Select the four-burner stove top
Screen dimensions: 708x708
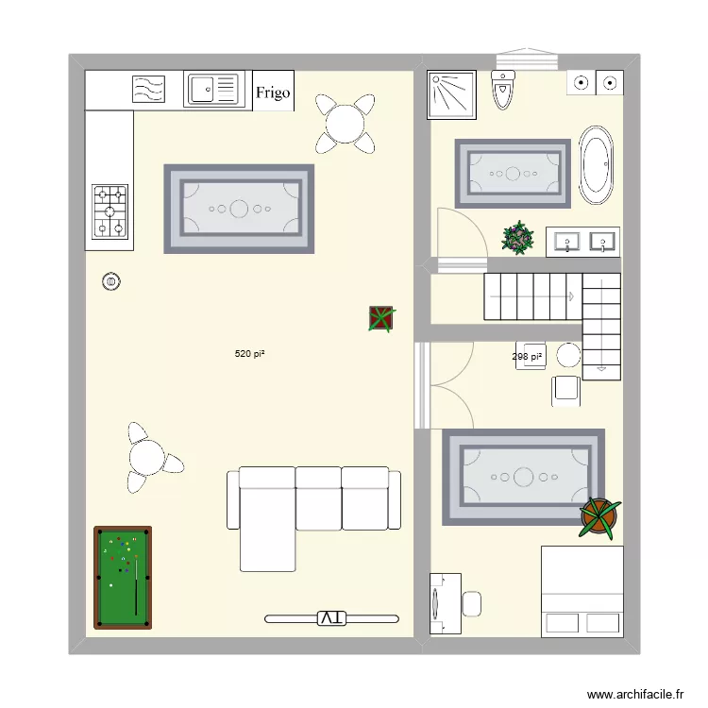[x=110, y=211]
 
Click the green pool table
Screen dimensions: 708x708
[x=123, y=577]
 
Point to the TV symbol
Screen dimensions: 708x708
[x=330, y=618]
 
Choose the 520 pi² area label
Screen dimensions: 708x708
[x=249, y=354]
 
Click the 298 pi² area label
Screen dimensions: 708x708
[x=527, y=357]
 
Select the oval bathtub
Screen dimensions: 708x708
[x=596, y=165]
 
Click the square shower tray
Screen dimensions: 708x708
[x=453, y=93]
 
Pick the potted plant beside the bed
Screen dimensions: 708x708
[x=598, y=516]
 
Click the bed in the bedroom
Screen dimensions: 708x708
[x=582, y=591]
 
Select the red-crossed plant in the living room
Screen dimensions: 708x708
[x=381, y=319]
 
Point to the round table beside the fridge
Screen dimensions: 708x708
[x=344, y=123]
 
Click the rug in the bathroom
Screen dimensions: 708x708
[x=513, y=173]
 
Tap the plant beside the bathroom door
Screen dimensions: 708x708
[x=517, y=238]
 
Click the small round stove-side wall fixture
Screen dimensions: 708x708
[x=112, y=280]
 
